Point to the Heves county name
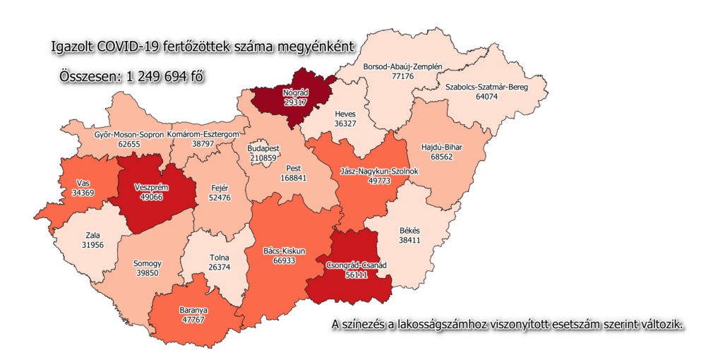coord(345,114)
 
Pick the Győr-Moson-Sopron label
coord(129,133)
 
